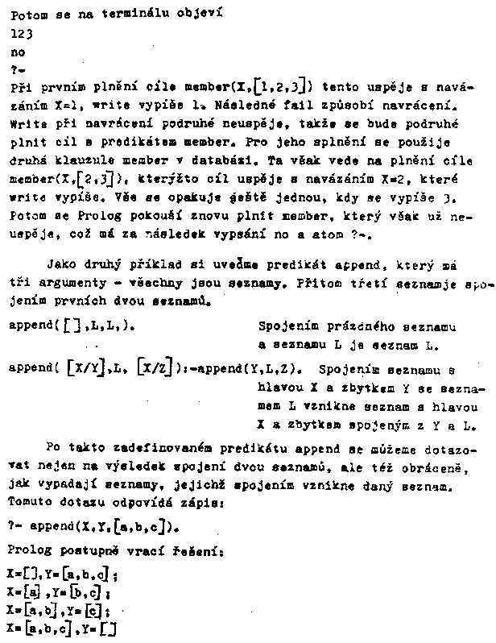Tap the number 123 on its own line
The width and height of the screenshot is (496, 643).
(x=23, y=33)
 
